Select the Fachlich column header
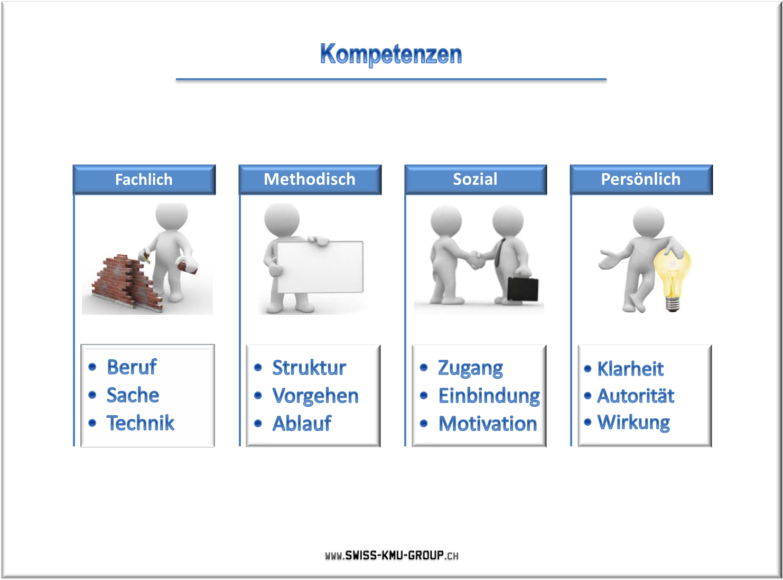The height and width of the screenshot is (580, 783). (x=144, y=179)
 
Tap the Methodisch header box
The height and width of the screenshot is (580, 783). (x=310, y=179)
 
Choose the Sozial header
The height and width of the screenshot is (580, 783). (x=476, y=179)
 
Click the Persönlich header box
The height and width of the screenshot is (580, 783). (x=641, y=179)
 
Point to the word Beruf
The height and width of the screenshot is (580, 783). (x=132, y=367)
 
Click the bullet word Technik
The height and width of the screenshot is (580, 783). (x=141, y=423)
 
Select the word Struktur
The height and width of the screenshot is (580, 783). (x=309, y=368)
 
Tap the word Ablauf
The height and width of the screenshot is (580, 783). (x=302, y=423)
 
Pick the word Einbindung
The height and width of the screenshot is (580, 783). (x=489, y=396)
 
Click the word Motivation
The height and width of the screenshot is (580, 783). (x=488, y=424)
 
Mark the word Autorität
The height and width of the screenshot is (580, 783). (x=636, y=396)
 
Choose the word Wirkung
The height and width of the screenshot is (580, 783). (x=633, y=423)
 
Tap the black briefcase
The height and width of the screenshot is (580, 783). (x=523, y=289)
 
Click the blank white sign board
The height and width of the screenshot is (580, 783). (x=320, y=267)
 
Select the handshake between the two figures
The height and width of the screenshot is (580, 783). (x=476, y=260)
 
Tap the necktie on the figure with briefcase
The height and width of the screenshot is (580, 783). (x=499, y=252)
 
